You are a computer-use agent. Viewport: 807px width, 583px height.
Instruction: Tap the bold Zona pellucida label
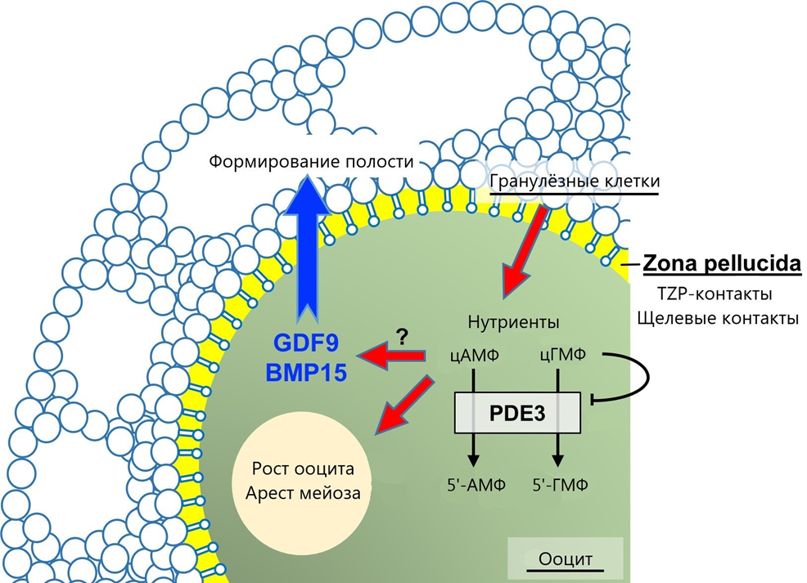(x=721, y=264)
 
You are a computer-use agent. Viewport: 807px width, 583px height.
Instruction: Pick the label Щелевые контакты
(x=716, y=318)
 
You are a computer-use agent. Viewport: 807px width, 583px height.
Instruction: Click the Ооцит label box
(x=565, y=559)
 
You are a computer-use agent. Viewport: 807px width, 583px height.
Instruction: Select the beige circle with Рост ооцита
(x=303, y=483)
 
